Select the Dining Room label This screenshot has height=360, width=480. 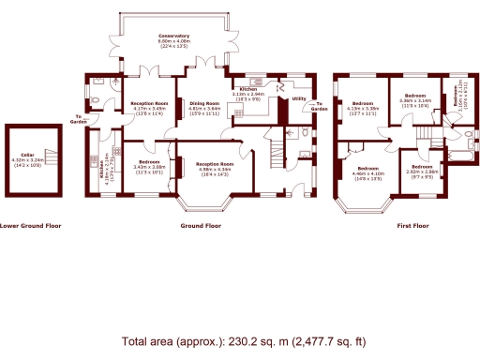(204, 103)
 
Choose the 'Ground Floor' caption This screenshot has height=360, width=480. (201, 226)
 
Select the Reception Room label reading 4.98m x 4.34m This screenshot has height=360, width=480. (214, 163)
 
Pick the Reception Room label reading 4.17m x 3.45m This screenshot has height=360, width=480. (148, 103)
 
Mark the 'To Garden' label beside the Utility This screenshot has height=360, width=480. (320, 106)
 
